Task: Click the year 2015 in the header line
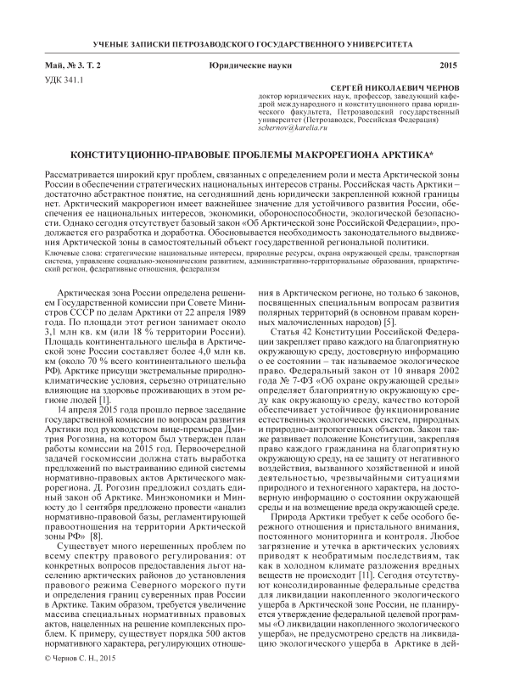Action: point(449,65)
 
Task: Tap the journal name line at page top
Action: point(255,40)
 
